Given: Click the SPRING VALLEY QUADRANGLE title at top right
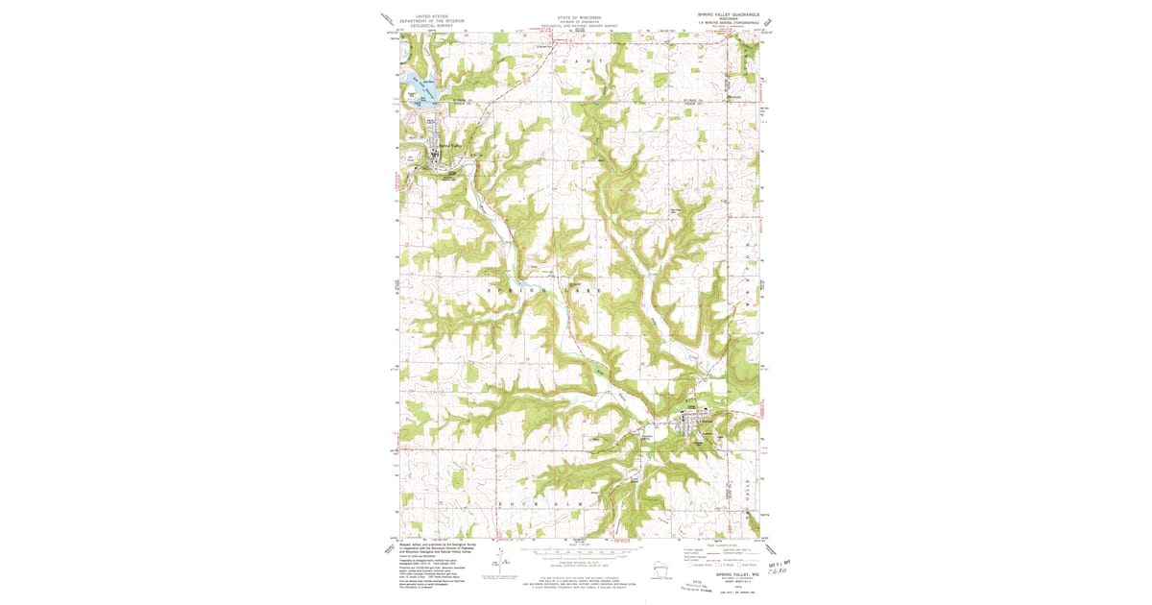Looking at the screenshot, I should click(x=728, y=15).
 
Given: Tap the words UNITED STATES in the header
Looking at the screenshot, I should click(x=431, y=15).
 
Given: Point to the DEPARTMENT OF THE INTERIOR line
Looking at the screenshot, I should click(x=431, y=20).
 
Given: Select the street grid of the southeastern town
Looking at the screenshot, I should click(x=693, y=423).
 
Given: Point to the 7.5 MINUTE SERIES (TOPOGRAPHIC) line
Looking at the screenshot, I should click(x=728, y=25).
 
